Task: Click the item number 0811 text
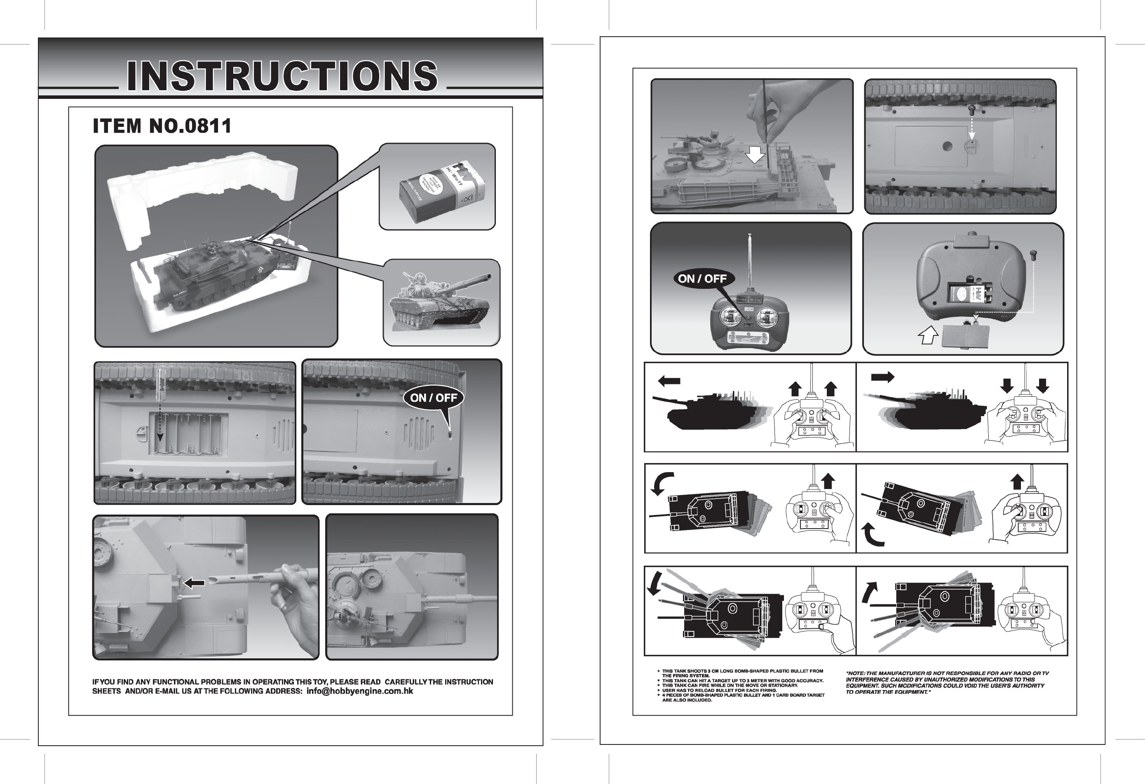pos(162,126)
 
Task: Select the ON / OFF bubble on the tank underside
pos(434,398)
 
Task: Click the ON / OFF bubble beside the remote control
pos(702,279)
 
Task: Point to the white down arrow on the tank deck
pos(755,156)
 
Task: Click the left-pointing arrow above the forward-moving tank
pos(669,381)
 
